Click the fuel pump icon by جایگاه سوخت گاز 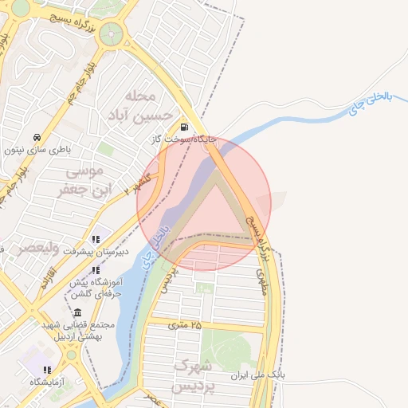[x=185, y=127]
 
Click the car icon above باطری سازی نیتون [x=37, y=135]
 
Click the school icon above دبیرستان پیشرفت [x=96, y=239]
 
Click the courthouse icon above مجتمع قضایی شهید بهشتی [x=76, y=313]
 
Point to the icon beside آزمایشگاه [x=47, y=370]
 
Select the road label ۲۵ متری [x=185, y=325]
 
